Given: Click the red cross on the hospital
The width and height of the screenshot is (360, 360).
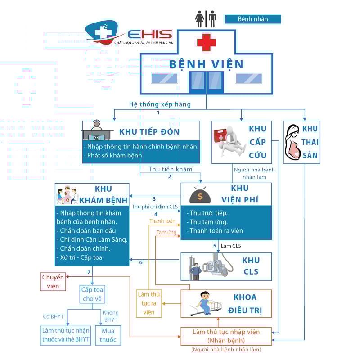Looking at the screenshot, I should pyautogui.click(x=207, y=42).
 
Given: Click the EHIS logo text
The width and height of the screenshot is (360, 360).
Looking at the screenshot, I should pyautogui.click(x=150, y=35).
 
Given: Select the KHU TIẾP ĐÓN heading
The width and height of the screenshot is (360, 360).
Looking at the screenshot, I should pyautogui.click(x=149, y=132).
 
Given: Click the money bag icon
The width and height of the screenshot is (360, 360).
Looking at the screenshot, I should pyautogui.click(x=198, y=196).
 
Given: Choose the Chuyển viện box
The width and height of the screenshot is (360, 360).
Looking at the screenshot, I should pyautogui.click(x=53, y=281).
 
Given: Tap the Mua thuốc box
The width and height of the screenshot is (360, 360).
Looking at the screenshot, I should pyautogui.click(x=108, y=335).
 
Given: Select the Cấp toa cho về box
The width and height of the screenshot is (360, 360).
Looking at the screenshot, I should pyautogui.click(x=92, y=294).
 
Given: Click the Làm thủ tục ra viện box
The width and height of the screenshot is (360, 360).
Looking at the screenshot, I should pyautogui.click(x=149, y=303).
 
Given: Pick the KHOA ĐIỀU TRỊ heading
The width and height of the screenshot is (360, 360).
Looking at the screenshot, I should pyautogui.click(x=245, y=304).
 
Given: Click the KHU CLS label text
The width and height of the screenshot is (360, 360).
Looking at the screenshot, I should pyautogui.click(x=251, y=266).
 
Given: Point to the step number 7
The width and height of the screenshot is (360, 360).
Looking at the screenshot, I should pyautogui.click(x=89, y=272).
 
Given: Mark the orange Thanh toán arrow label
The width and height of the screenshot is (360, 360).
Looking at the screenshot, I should pyautogui.click(x=162, y=221).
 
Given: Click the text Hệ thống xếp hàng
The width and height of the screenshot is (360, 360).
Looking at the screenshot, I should pyautogui.click(x=160, y=104).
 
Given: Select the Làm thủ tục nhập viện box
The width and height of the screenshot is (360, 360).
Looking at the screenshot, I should pyautogui.click(x=226, y=336).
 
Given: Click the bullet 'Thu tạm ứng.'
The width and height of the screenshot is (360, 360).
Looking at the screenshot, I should pyautogui.click(x=208, y=222).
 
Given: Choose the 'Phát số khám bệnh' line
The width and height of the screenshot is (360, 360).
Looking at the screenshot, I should pyautogui.click(x=113, y=156).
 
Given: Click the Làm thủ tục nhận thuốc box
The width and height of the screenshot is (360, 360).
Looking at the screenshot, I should pyautogui.click(x=66, y=335).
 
